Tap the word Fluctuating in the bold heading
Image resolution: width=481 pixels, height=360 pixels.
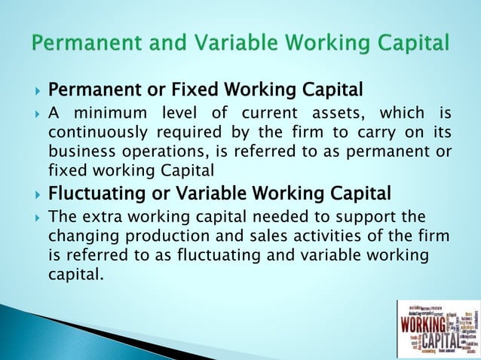tap(96, 194)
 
